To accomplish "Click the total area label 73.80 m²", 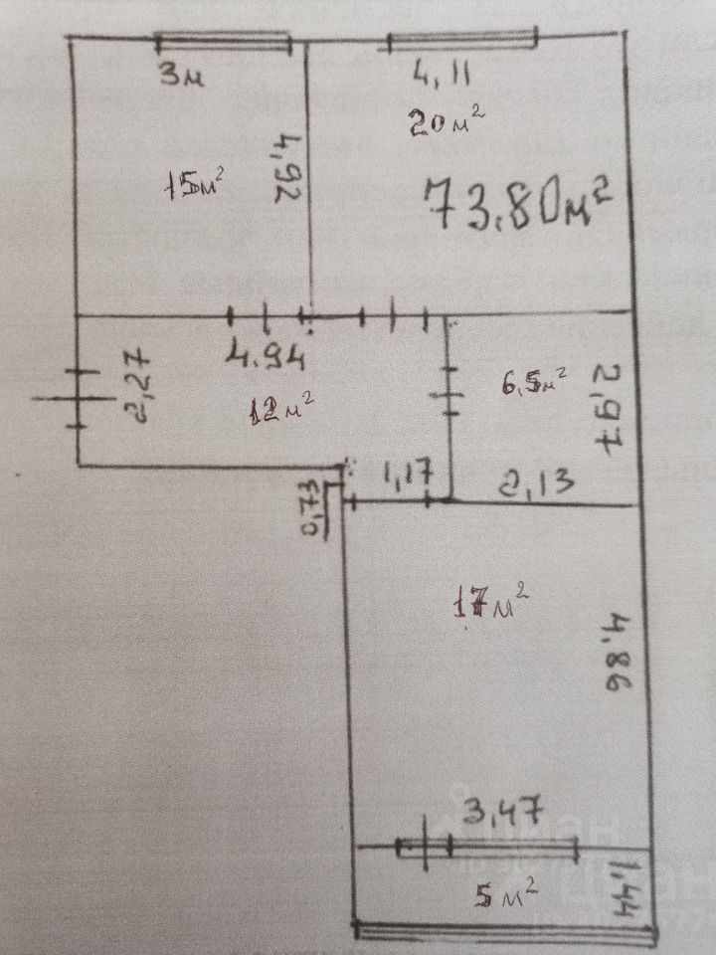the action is tap(516, 204).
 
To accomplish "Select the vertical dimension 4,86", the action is tap(608, 660).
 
